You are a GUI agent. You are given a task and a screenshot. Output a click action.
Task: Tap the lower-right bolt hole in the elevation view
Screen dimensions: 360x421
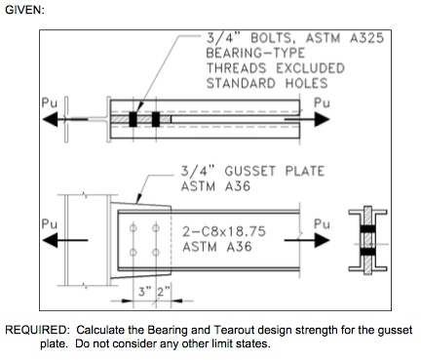[x=155, y=252]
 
